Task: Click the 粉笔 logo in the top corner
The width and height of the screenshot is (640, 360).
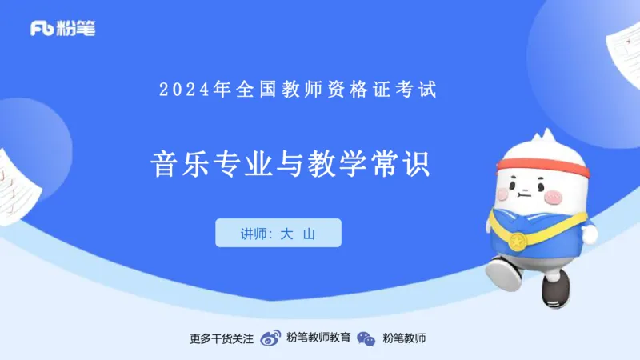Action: [62, 29]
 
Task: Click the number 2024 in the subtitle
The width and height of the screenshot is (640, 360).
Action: [186, 90]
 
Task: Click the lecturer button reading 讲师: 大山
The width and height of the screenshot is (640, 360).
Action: [278, 233]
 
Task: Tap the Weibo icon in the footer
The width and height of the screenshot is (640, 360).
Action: [272, 338]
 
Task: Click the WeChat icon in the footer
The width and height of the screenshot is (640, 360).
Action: [366, 338]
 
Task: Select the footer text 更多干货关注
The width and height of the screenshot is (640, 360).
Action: [222, 338]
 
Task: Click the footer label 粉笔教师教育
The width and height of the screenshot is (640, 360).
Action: [318, 338]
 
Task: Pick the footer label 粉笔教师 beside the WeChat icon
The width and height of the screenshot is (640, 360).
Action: [404, 338]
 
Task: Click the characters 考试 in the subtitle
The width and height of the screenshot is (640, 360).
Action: [420, 90]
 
